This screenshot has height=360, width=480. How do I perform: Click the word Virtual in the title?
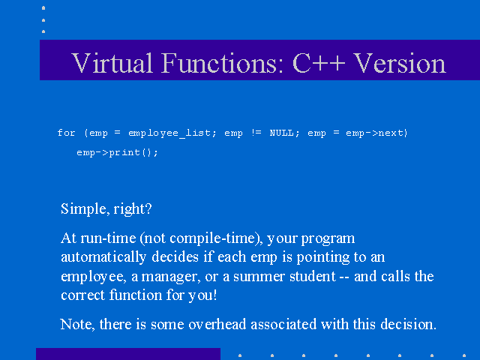tap(112, 63)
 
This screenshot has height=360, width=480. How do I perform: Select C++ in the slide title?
tap(319, 63)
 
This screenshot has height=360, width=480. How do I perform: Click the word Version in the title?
tap(400, 63)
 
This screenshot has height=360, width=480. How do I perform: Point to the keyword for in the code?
tap(67, 133)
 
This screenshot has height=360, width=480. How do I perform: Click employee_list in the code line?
tap(172, 133)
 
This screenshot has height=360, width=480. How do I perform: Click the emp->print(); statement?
tap(117, 152)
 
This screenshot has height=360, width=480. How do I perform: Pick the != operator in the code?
tap(256, 133)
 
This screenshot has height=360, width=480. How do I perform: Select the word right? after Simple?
tap(133, 209)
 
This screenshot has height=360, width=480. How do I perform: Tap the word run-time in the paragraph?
tap(108, 238)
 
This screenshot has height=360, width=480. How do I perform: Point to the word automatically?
tap(103, 257)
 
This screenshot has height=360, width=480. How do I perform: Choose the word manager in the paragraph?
tap(171, 277)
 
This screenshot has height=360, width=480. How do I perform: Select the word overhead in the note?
tap(217, 324)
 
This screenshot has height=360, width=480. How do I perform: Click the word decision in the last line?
tap(408, 324)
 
